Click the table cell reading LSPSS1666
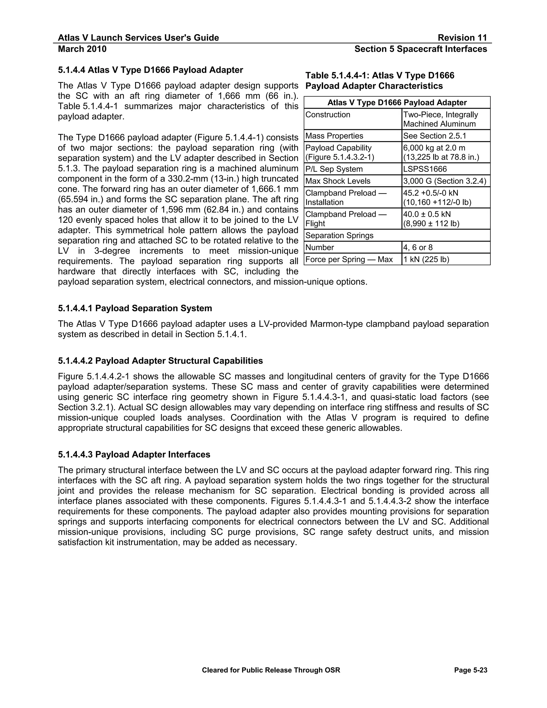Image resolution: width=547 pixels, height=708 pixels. pyautogui.click(x=425, y=169)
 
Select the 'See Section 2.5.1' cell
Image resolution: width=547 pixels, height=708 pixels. pyautogui.click(x=435, y=136)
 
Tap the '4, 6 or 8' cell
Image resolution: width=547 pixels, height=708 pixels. pyautogui.click(x=418, y=247)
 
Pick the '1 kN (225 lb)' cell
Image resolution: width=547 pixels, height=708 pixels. pyautogui.click(x=426, y=259)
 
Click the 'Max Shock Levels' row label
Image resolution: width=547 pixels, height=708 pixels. pyautogui.click(x=338, y=181)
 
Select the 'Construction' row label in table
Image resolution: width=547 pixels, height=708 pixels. pyautogui.click(x=328, y=115)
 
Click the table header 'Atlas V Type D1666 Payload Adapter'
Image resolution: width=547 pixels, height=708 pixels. pyautogui.click(x=397, y=102)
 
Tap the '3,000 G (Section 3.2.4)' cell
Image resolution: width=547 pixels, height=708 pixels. pyautogui.click(x=445, y=181)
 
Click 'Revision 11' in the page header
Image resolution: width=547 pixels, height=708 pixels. pyautogui.click(x=462, y=38)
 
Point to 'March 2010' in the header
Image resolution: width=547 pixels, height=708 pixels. pyautogui.click(x=82, y=49)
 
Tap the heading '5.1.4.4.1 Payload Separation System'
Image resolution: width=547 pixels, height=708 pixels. pyautogui.click(x=135, y=308)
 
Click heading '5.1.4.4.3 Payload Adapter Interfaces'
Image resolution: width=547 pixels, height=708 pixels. pyautogui.click(x=134, y=454)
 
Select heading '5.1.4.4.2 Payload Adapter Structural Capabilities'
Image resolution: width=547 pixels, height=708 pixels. pyautogui.click(x=160, y=361)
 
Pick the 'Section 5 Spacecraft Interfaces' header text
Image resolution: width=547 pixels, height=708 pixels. pyautogui.click(x=421, y=49)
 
